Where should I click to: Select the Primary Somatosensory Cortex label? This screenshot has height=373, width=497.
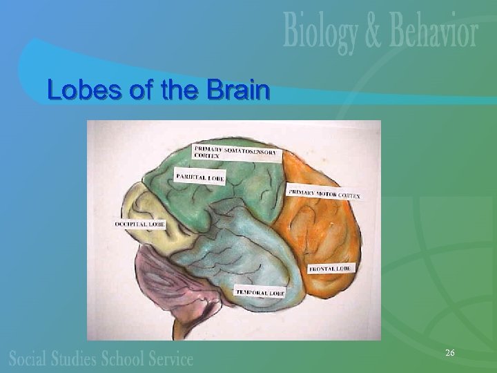[237, 151]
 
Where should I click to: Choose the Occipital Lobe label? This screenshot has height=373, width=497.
[139, 224]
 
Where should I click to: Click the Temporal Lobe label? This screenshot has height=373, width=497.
[260, 291]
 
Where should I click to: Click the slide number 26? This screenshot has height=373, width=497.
[449, 353]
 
